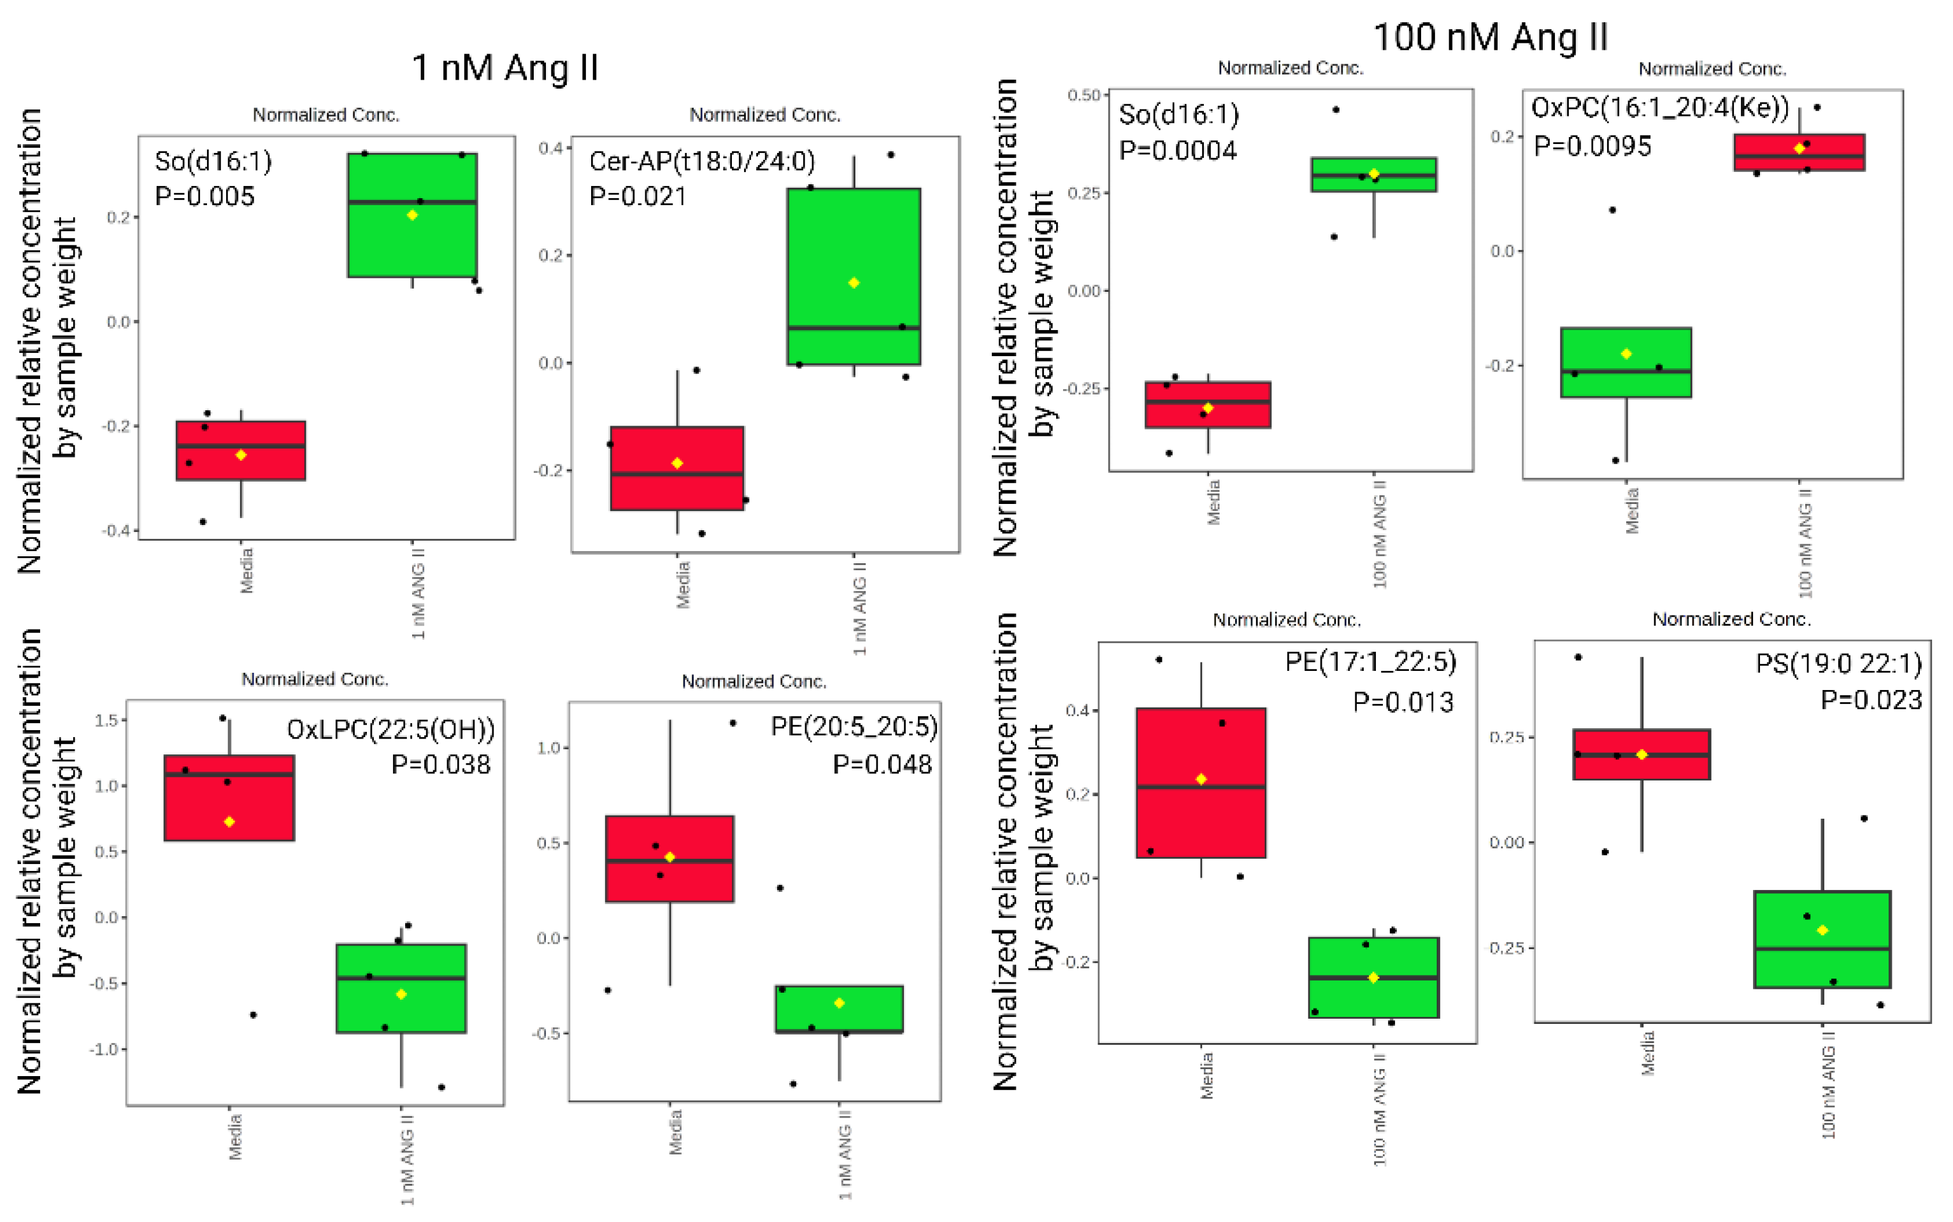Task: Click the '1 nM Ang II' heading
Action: (505, 67)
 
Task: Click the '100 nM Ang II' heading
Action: (1490, 37)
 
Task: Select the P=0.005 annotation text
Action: (204, 196)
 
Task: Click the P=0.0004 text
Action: (1177, 150)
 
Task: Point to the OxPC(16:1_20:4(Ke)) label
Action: (1660, 108)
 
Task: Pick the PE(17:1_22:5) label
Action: (1370, 662)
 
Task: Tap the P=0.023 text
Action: (1871, 700)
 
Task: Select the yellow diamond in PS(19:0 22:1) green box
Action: (1822, 930)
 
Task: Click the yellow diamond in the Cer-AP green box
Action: (854, 283)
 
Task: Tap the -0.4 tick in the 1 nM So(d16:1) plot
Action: (117, 530)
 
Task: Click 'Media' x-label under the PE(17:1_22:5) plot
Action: (1206, 1075)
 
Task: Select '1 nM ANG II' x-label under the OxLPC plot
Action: (408, 1159)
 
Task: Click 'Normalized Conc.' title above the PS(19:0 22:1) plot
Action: (1731, 619)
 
